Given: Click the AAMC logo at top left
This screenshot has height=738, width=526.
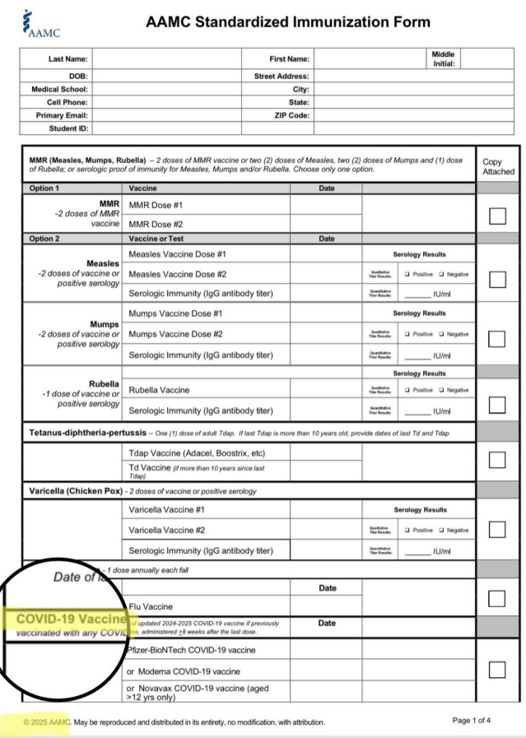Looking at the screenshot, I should [41, 24].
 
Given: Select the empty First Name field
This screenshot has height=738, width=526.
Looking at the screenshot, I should [370, 59].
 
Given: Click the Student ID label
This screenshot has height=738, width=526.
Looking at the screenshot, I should [68, 128].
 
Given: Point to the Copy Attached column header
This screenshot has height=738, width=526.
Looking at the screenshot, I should [497, 167].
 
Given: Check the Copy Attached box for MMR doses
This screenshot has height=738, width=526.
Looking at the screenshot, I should [497, 216].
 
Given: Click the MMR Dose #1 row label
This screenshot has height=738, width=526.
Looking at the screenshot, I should [156, 205].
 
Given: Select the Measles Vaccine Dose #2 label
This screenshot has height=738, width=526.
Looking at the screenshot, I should [177, 274].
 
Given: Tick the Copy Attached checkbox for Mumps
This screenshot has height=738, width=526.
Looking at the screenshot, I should [497, 339].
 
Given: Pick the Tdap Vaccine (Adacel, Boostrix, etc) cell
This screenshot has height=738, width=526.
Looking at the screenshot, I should [197, 453].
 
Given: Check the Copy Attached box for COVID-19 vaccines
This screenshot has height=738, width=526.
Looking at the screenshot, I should [497, 670].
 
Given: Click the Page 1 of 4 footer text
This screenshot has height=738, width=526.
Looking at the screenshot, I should [472, 721].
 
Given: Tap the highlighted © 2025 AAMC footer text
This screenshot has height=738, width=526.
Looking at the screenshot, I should [47, 722].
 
